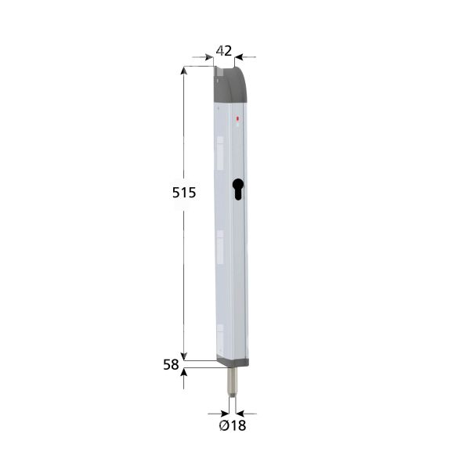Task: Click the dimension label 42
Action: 224,51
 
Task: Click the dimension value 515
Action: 184,193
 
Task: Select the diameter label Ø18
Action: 233,425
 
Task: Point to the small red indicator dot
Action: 237,120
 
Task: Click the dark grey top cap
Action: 232,86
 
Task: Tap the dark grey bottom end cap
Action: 233,362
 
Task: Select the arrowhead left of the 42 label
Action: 209,56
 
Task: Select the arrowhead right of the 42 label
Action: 239,56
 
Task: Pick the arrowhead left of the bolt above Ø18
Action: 224,412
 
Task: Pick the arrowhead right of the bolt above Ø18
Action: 240,412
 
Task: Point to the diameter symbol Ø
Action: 224,425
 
